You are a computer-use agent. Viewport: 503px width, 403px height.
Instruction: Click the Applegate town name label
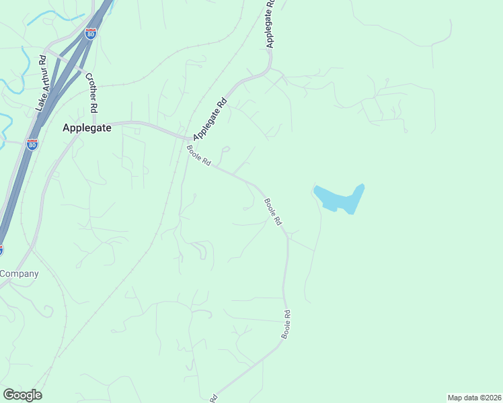86,127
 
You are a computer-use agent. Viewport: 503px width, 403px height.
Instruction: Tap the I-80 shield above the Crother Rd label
91,32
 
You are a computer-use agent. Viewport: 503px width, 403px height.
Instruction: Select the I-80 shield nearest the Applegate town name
32,144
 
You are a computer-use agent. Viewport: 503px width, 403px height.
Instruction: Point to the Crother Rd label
91,93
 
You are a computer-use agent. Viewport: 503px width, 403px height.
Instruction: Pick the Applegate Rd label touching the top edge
270,24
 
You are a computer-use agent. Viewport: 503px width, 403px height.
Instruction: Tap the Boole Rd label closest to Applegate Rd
199,156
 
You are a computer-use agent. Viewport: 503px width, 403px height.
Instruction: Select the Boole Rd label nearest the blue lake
272,211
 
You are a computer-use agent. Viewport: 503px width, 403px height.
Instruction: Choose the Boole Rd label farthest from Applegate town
286,324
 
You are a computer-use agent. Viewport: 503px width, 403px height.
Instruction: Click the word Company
19,273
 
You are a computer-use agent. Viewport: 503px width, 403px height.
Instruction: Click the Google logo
22,395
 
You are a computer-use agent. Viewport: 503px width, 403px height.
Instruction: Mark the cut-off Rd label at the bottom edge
215,398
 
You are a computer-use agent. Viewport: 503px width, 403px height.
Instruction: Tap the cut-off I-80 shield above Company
1,250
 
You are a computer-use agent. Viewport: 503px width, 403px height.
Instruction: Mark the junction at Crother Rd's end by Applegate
94,124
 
